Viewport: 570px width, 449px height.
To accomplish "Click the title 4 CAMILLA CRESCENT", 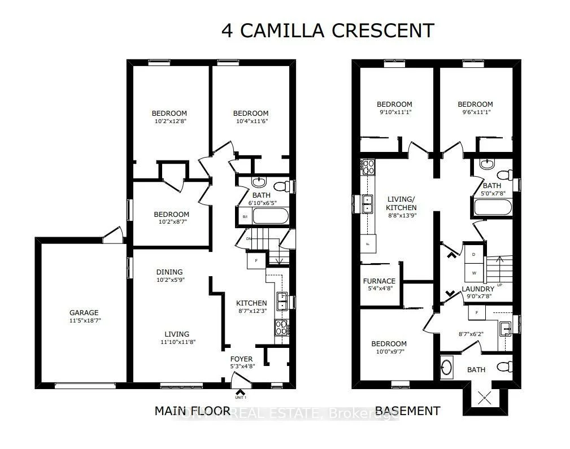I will coord(328,30).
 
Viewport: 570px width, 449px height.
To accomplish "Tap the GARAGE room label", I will coord(84,312).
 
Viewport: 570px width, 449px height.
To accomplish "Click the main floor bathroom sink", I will coord(258,182).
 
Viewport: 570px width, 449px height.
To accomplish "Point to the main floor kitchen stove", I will coord(280,328).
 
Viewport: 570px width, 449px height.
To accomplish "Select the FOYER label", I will coord(241,359).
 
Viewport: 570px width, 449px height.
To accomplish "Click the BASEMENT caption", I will coord(407,411).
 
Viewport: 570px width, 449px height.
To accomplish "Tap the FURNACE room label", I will coord(379,281).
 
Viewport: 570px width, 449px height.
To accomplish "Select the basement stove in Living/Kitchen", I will coord(368,167).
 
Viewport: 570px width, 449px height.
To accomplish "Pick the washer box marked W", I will coord(473,273).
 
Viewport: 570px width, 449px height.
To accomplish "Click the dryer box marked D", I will coord(473,254).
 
